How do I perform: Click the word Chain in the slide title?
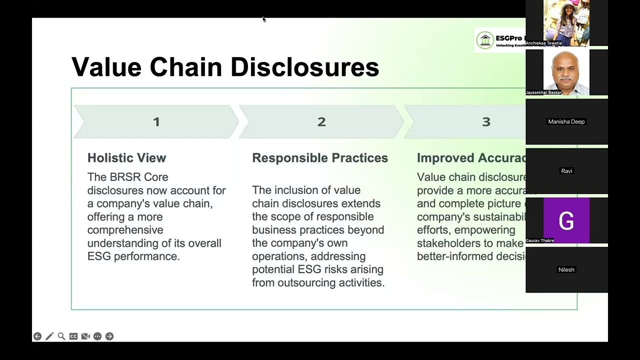(185, 67)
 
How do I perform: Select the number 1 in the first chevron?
(156, 122)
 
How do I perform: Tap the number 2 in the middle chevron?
(321, 122)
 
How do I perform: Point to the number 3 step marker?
(486, 122)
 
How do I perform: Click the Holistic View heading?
(126, 158)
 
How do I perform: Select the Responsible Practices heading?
(320, 158)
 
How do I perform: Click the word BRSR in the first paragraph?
(125, 177)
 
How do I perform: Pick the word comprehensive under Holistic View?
(125, 230)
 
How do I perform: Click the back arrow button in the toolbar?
(37, 336)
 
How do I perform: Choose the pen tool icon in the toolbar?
(49, 336)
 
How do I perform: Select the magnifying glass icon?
(61, 336)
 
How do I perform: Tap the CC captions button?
(73, 336)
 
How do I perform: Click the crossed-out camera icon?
(85, 336)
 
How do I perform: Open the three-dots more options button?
(97, 336)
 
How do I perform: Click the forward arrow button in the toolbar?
(109, 336)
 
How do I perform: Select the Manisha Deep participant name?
(566, 122)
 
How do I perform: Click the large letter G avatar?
(566, 221)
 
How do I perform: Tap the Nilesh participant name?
(566, 270)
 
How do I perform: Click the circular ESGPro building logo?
(485, 40)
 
